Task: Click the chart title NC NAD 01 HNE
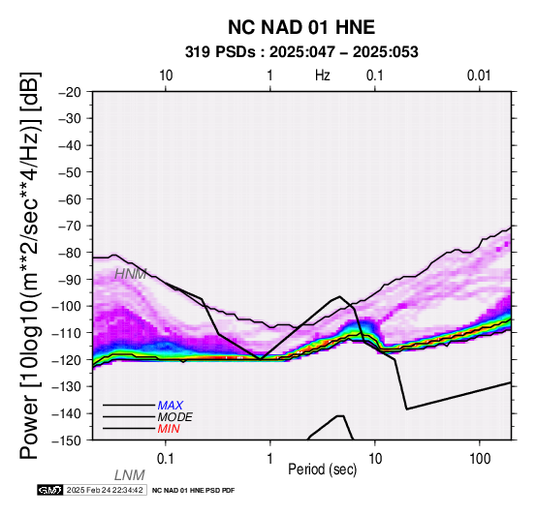(301, 27)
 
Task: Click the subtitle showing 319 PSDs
(301, 52)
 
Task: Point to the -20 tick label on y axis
(70, 92)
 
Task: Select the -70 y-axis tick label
(70, 226)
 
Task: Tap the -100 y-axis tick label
(67, 306)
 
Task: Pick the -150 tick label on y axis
(67, 440)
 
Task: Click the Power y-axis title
(30, 265)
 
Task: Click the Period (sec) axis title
(322, 470)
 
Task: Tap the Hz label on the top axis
(322, 76)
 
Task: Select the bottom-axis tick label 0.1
(166, 459)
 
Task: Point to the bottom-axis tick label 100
(480, 459)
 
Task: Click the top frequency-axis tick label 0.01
(479, 76)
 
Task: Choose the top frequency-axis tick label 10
(166, 76)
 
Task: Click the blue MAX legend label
(171, 406)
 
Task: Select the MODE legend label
(175, 417)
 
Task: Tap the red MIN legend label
(169, 429)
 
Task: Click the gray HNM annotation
(131, 274)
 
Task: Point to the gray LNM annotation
(130, 475)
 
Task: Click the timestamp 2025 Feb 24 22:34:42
(105, 490)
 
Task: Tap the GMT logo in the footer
(50, 490)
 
